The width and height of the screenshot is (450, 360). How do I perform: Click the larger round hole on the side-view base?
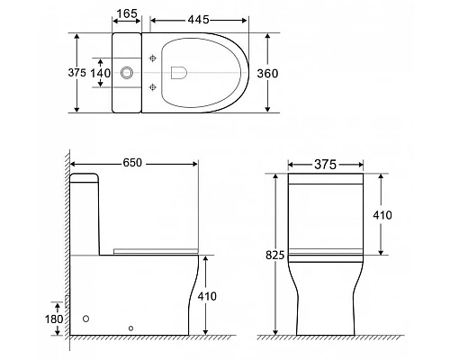86,318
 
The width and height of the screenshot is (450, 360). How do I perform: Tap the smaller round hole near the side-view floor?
131,328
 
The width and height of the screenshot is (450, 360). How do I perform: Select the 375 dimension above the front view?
325,164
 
